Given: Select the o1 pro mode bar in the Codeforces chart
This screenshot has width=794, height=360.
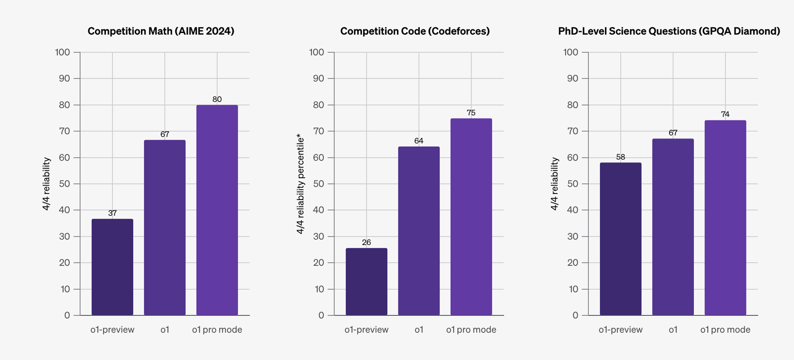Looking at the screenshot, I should [471, 217].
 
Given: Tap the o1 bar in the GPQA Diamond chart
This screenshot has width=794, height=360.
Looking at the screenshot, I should [673, 227].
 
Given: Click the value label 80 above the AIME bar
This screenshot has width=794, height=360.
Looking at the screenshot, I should [217, 99].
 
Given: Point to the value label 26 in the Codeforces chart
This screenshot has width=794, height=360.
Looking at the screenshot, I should [366, 242].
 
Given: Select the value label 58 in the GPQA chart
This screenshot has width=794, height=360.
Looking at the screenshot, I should [620, 157].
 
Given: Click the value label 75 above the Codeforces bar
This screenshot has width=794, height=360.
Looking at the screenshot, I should [471, 113].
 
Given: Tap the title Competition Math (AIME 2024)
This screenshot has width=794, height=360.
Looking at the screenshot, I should [161, 31].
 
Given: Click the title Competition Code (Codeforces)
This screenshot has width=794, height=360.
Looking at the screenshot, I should [415, 31].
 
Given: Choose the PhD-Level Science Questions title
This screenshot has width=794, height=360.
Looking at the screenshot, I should [669, 31].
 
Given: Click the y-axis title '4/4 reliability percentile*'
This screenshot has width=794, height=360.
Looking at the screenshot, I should [301, 184].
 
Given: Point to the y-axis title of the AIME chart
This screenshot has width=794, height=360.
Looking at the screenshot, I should [46, 184].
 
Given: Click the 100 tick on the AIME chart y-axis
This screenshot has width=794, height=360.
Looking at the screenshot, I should [62, 52].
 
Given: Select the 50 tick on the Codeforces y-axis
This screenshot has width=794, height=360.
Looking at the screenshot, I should [318, 184].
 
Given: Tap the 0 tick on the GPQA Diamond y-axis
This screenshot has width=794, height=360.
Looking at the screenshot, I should [575, 315].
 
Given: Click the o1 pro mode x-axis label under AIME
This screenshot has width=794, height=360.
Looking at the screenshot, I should [217, 330].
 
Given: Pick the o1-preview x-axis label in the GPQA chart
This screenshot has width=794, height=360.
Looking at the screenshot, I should [620, 330].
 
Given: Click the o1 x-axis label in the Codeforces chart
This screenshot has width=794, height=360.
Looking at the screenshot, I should [419, 330].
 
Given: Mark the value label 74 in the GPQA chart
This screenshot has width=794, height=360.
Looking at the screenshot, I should [725, 114].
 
